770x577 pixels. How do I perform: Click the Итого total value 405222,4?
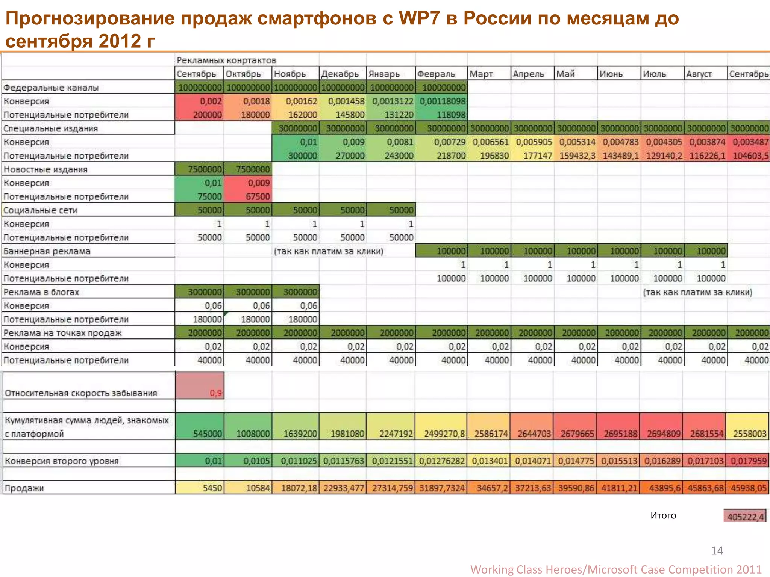click(745, 517)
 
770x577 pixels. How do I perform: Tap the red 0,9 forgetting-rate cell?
click(216, 393)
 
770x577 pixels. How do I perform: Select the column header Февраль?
click(436, 74)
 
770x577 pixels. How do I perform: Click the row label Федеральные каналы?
click(51, 88)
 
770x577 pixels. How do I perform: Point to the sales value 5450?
click(212, 488)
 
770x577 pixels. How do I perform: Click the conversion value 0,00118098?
click(442, 101)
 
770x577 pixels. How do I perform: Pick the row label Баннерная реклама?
click(47, 251)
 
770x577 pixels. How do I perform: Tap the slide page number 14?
click(717, 550)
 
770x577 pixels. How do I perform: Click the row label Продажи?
click(24, 488)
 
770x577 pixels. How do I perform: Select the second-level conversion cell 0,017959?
click(748, 461)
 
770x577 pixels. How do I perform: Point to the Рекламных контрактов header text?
click(226, 60)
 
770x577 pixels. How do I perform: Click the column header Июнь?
click(611, 74)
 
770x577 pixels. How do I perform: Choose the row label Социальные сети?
click(40, 210)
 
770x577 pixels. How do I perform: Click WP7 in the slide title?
click(419, 18)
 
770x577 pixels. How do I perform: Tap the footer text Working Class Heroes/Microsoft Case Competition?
click(601, 569)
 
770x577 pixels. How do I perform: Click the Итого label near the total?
click(663, 515)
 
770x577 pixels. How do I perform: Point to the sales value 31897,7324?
click(442, 488)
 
